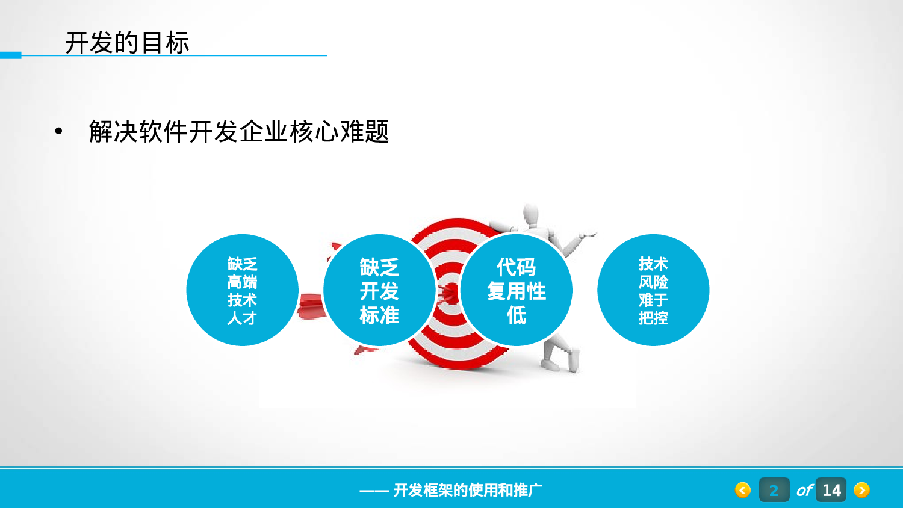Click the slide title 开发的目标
127,43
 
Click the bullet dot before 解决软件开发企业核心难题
58,131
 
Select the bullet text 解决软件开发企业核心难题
238,131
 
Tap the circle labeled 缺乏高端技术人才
242,290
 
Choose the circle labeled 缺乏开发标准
379,290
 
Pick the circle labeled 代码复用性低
517,290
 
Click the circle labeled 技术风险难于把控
653,290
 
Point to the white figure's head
530,214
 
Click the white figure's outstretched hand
586,235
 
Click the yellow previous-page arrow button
743,490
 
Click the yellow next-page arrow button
861,490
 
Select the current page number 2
774,490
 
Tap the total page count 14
831,490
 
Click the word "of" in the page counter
804,491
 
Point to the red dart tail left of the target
311,306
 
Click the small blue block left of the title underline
10,55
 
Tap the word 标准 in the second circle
379,315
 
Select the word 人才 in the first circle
242,318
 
